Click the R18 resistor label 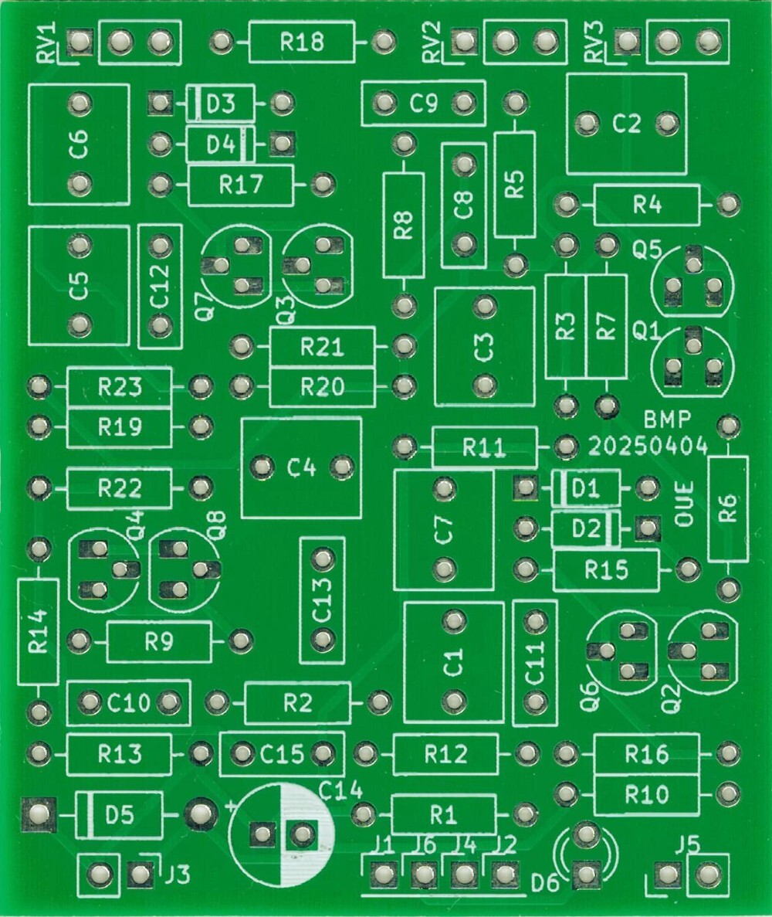click(302, 42)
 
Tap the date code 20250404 click(648, 446)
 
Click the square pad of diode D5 click(36, 813)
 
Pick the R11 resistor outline click(484, 447)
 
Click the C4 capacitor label click(301, 467)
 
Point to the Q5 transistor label click(646, 250)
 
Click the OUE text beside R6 click(684, 504)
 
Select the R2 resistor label click(297, 703)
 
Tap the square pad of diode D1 click(526, 487)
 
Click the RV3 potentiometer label click(594, 42)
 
